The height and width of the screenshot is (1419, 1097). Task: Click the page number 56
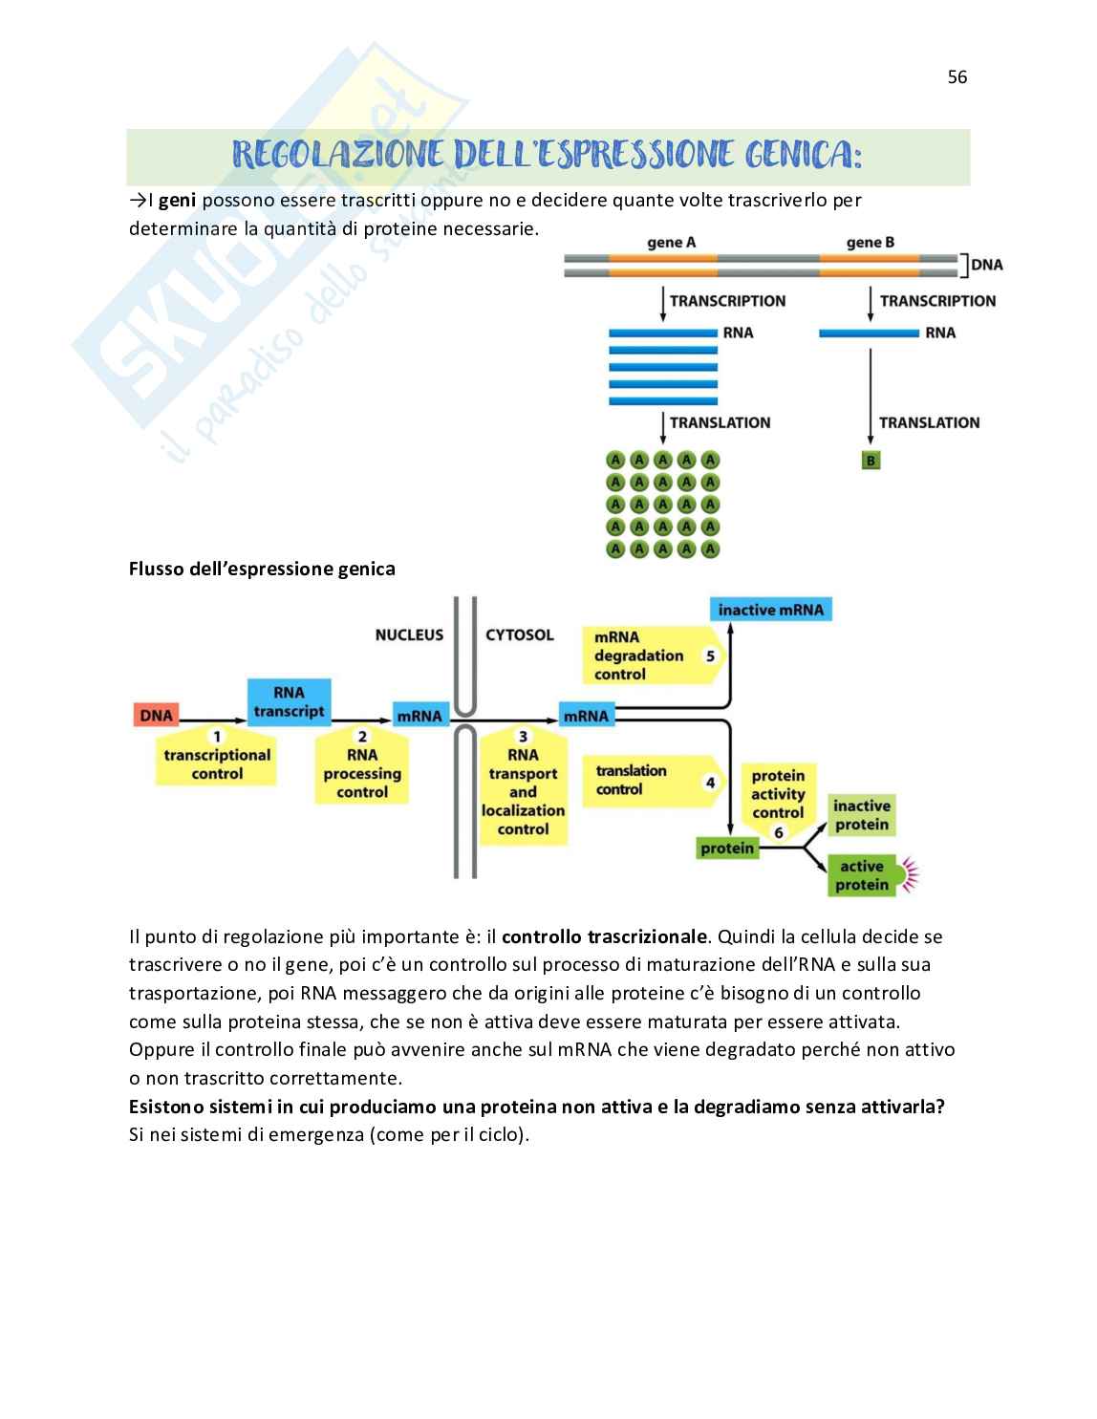click(957, 77)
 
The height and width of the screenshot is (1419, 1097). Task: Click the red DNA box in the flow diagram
click(156, 716)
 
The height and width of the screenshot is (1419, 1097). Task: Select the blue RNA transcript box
click(289, 701)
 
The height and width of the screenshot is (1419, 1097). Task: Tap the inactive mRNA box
click(770, 610)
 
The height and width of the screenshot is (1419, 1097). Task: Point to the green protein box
click(726, 849)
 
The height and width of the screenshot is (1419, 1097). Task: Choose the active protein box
click(861, 875)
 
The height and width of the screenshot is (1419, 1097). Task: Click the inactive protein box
click(861, 815)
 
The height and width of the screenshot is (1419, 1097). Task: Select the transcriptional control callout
click(217, 761)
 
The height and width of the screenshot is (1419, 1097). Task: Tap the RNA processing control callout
click(362, 769)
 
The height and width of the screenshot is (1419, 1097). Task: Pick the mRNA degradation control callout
click(649, 656)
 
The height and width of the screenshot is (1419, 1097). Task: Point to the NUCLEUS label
click(409, 634)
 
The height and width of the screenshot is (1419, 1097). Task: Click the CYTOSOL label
click(520, 634)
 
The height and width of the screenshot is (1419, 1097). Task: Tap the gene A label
click(671, 243)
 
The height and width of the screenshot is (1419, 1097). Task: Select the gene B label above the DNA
click(870, 243)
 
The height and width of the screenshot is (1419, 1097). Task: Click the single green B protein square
click(870, 461)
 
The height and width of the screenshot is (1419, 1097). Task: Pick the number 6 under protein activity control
click(778, 832)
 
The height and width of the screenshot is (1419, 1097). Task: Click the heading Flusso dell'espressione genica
click(262, 570)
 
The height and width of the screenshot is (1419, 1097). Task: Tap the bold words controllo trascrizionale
click(605, 936)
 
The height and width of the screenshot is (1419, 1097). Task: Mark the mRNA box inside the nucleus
click(419, 716)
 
